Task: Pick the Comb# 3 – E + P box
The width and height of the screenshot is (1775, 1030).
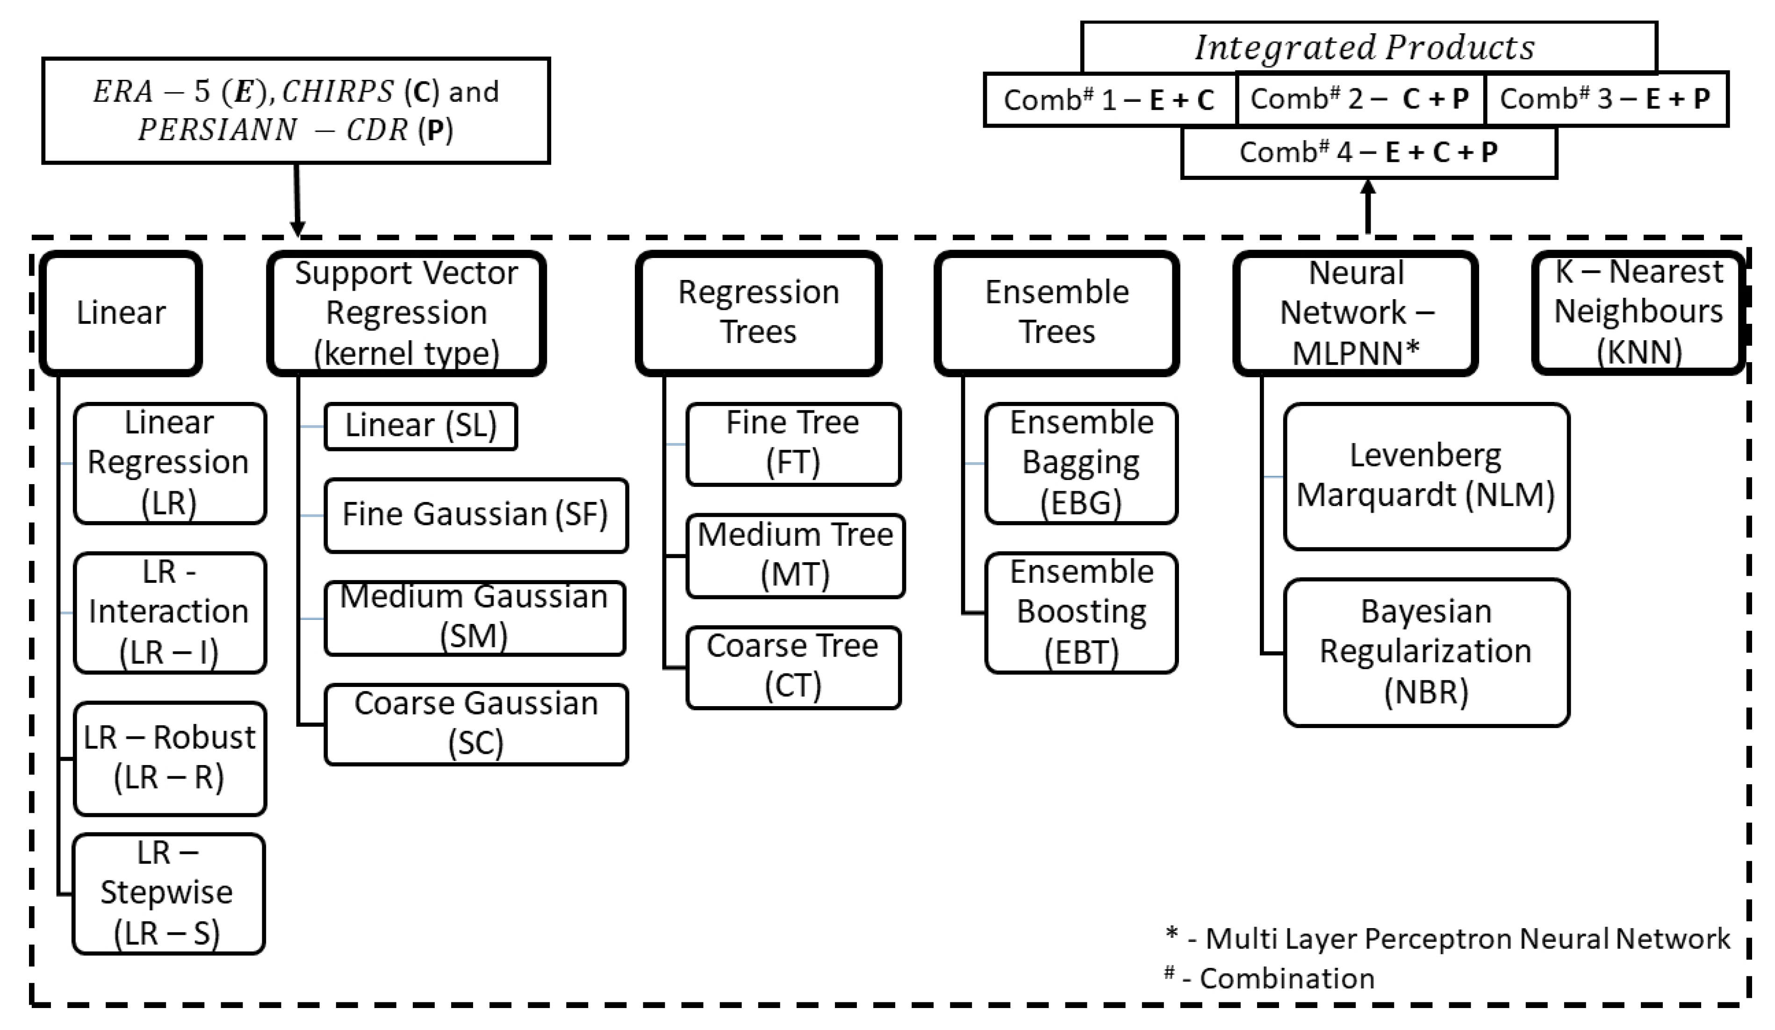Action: (1605, 99)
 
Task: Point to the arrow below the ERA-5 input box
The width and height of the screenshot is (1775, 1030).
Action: (297, 200)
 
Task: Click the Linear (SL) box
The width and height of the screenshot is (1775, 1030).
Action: (421, 425)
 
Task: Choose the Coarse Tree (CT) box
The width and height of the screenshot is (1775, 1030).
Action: (793, 666)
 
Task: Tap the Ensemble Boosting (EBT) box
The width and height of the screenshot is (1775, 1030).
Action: (1081, 612)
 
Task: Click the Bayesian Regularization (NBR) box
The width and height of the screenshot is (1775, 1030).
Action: (1426, 651)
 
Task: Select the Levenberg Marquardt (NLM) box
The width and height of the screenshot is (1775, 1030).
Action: (1426, 476)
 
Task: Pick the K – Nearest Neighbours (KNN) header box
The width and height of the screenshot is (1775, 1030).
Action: (1638, 312)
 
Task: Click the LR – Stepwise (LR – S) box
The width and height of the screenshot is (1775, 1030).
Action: (168, 893)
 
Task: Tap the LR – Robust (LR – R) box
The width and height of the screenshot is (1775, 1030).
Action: (169, 758)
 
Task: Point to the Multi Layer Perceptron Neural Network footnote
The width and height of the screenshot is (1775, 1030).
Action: (1467, 938)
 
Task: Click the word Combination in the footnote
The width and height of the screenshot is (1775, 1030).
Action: (1287, 979)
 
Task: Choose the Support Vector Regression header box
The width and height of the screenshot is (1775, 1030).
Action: (406, 312)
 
